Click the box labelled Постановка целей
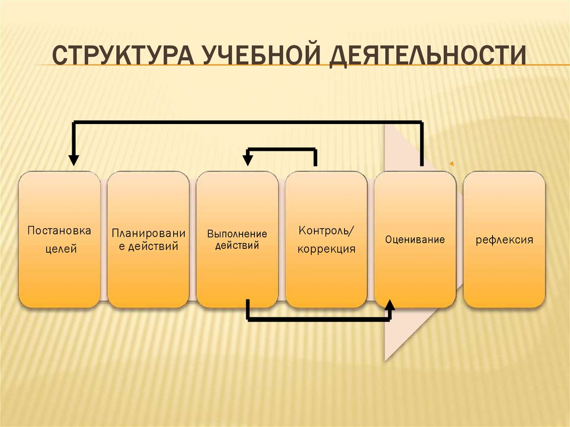click(60, 239)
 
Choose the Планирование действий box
click(148, 239)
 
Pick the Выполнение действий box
click(237, 239)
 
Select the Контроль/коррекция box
click(326, 239)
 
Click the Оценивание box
click(415, 239)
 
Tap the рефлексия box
click(504, 239)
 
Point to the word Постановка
click(60, 230)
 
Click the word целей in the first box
click(60, 249)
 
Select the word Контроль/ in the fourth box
click(326, 230)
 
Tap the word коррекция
click(326, 249)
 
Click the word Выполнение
click(237, 234)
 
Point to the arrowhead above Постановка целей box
click(73, 160)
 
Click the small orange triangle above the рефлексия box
click(451, 164)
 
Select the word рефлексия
click(504, 241)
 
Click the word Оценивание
click(415, 241)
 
